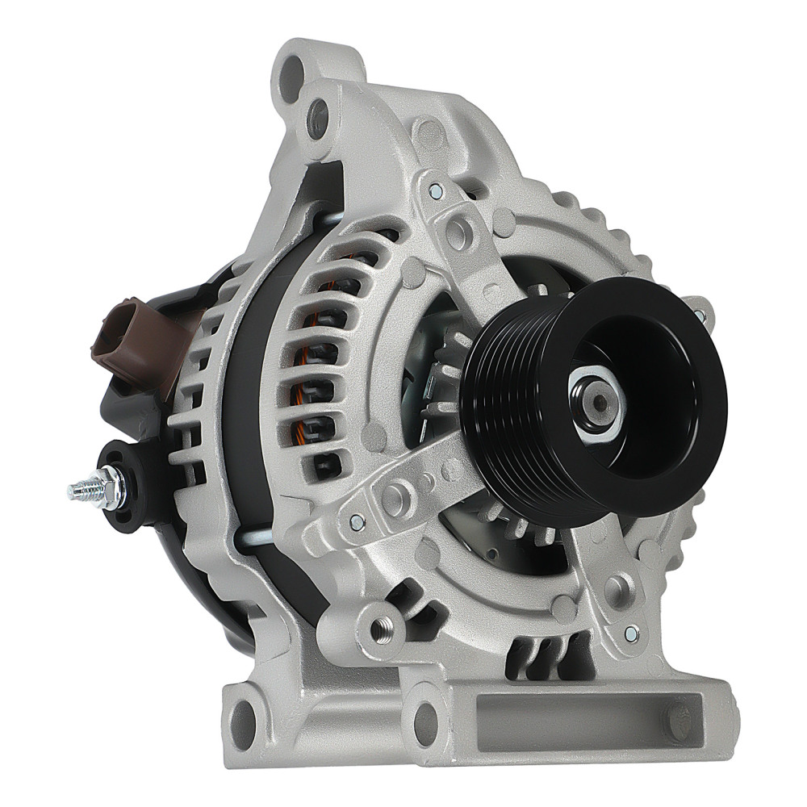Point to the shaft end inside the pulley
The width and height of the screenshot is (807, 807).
click(596, 400)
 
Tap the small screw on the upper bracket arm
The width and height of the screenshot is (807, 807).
click(436, 191)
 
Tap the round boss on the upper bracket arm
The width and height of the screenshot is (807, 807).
click(458, 234)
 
